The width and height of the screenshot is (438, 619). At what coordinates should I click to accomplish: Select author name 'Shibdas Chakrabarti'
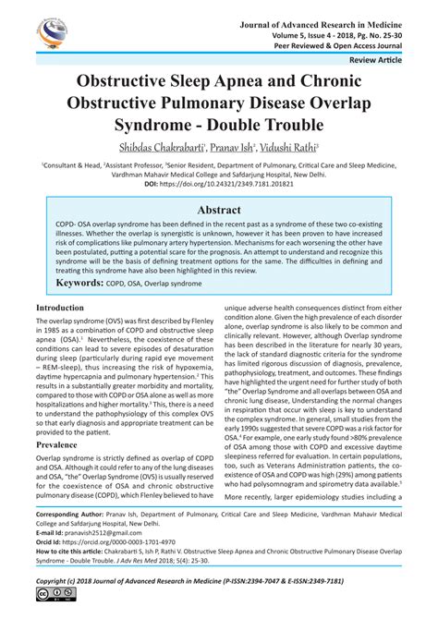pyautogui.click(x=163, y=146)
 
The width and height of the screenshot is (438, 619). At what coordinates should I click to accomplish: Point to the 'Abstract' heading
pyautogui.click(x=219, y=210)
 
